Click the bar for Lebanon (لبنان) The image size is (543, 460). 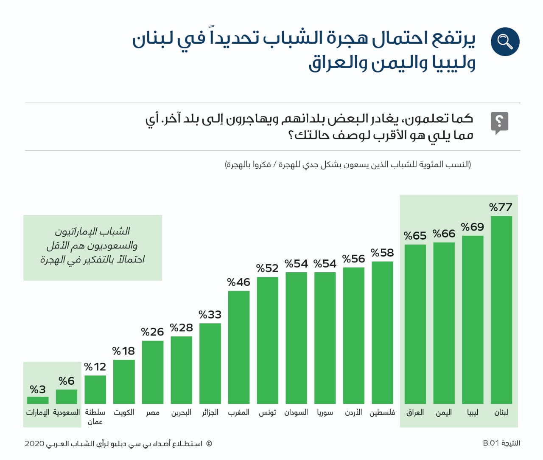[x=501, y=310]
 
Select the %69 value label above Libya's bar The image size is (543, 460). [x=473, y=227]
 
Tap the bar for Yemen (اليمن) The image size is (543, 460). [x=444, y=323]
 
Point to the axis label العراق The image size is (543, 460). [x=415, y=412]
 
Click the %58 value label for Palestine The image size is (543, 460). [x=382, y=253]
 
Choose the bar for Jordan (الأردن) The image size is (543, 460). [x=353, y=335]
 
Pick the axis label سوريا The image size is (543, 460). [x=325, y=412]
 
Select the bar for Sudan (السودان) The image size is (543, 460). [x=296, y=338]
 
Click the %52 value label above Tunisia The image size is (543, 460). [x=267, y=268]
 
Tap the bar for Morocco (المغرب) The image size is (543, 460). [x=238, y=347]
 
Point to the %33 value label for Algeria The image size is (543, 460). [x=210, y=315]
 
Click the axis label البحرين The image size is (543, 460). [x=181, y=412]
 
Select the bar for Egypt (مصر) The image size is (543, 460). [x=153, y=372]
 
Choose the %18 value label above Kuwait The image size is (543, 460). [x=123, y=351]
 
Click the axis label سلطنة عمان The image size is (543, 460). [x=95, y=417]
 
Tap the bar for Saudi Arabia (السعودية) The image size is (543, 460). [x=67, y=397]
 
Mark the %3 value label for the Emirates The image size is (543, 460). [x=38, y=389]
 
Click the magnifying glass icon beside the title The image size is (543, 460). [x=505, y=42]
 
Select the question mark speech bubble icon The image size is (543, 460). [x=499, y=123]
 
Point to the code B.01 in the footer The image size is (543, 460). [x=491, y=443]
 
